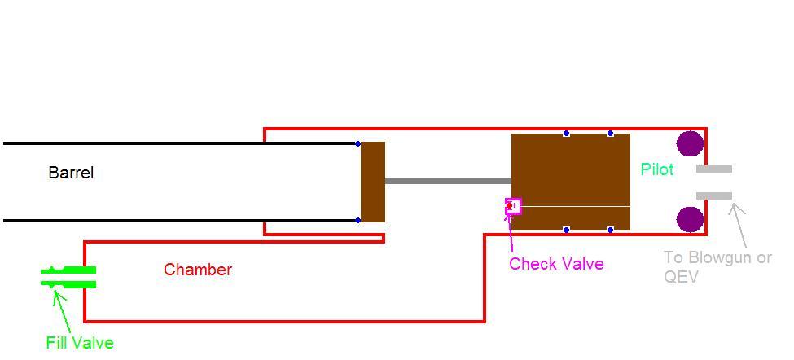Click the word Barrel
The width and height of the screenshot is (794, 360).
click(71, 173)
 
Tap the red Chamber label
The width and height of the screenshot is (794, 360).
click(198, 270)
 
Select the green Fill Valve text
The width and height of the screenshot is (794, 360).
click(80, 343)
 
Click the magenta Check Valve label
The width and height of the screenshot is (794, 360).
click(556, 264)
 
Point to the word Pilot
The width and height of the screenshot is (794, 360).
click(657, 169)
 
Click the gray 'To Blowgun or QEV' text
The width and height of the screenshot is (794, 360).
click(717, 267)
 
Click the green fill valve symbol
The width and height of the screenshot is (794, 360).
click(69, 277)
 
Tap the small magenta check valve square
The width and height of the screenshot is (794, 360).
click(513, 206)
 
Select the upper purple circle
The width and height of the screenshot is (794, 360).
click(690, 144)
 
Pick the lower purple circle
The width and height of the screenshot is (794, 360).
click(690, 219)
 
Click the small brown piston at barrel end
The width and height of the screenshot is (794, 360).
click(373, 182)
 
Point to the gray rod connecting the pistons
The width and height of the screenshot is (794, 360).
click(448, 181)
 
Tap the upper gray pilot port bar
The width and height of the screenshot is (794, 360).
click(714, 169)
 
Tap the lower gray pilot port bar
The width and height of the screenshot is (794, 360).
click(714, 195)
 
